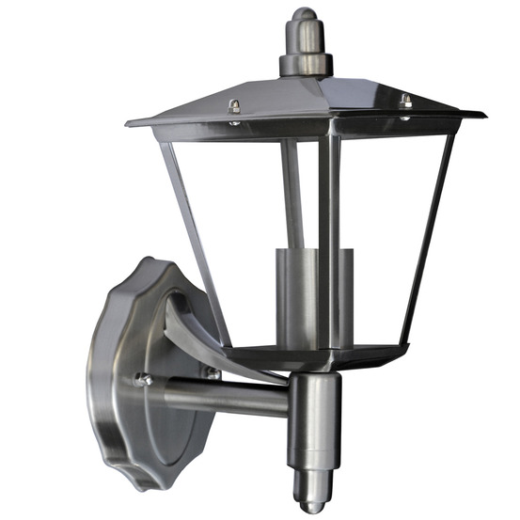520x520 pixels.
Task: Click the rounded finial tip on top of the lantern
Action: tap(304, 21)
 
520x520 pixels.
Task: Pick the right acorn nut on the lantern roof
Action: tap(405, 100)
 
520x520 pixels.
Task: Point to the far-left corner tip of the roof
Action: tap(129, 122)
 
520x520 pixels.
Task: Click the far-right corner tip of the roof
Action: tap(483, 116)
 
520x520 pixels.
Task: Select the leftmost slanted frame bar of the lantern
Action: tap(193, 235)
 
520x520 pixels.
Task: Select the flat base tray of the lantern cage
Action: tap(310, 357)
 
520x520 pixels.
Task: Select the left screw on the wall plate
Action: tap(144, 380)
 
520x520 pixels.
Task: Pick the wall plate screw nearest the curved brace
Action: tap(213, 372)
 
